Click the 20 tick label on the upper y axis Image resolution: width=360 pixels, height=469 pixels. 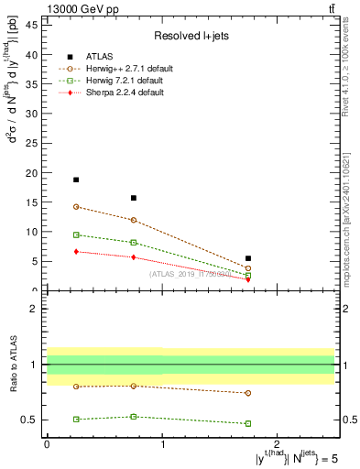click(32, 172)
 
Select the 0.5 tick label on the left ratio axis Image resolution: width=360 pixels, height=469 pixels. click(28, 420)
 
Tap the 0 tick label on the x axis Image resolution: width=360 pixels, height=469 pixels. click(47, 443)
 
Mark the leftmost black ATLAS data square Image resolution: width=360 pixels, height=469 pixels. click(76, 180)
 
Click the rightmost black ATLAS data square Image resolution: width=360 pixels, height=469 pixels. click(248, 258)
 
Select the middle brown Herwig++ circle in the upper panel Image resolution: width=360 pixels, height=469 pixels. click(134, 220)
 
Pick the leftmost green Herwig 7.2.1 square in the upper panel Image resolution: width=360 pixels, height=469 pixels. click(76, 234)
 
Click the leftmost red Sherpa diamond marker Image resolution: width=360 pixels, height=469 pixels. click(76, 251)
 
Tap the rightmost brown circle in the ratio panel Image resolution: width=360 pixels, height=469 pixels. click(248, 393)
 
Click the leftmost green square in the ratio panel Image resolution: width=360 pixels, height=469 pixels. click(76, 419)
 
